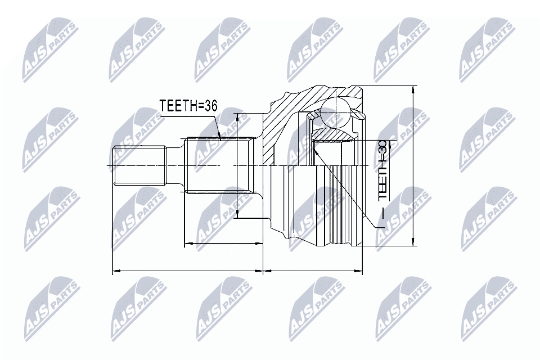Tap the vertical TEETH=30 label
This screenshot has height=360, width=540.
tap(382, 170)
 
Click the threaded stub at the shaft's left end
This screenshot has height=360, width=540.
tap(141, 165)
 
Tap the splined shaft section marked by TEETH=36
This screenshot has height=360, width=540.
tap(217, 165)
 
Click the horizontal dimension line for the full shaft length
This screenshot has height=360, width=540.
tap(188, 271)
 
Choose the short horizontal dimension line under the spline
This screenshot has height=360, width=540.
tap(223, 244)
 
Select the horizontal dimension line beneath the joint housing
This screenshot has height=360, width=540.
tap(313, 271)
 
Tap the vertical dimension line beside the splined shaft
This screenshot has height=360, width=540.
tap(237, 165)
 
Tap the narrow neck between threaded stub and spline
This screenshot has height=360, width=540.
tap(176, 165)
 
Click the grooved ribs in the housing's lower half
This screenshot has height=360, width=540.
tap(337, 208)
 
